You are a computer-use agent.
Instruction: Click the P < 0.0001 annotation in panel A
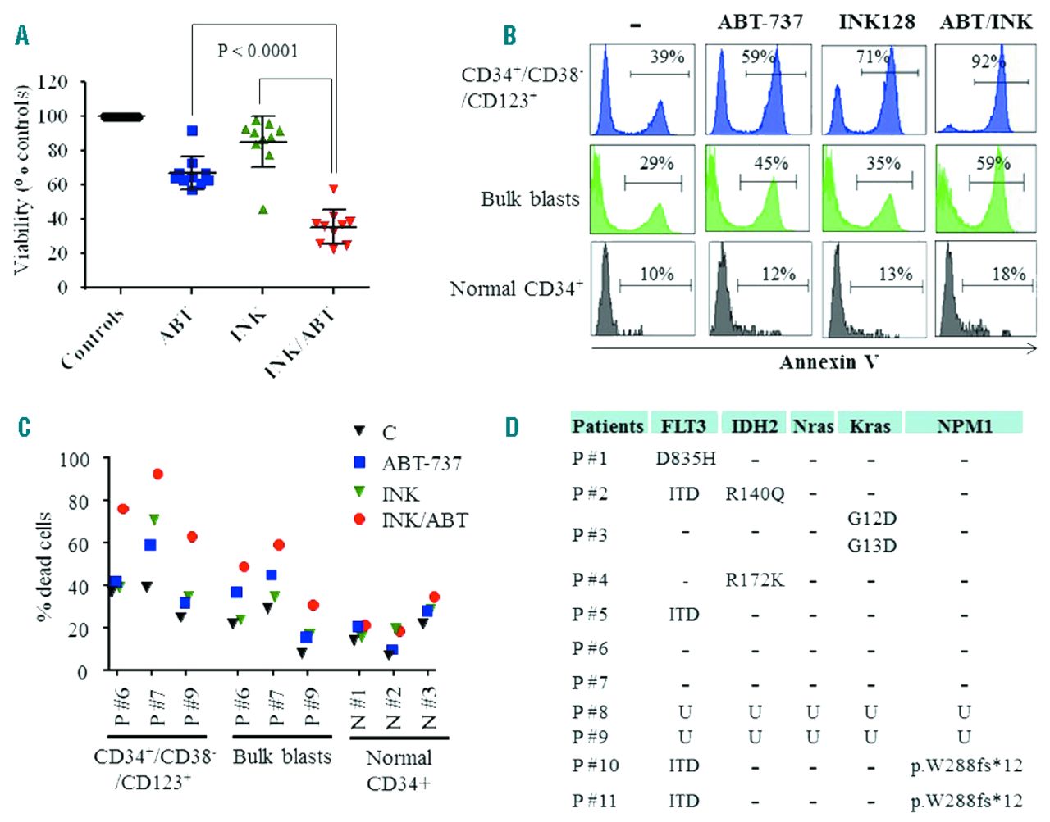[x=258, y=51]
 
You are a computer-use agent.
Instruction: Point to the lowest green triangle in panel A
[x=263, y=209]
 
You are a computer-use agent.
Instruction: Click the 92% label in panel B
[x=988, y=61]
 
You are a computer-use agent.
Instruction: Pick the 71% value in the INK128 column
[x=873, y=57]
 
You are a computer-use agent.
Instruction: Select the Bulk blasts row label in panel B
[x=530, y=199]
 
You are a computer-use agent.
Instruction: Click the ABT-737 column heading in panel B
[x=760, y=21]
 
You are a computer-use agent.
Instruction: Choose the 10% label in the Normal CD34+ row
[x=656, y=275]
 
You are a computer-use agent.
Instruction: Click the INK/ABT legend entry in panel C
[x=424, y=520]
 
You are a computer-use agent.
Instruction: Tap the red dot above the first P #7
[x=158, y=475]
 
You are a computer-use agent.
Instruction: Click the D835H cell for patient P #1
[x=686, y=458]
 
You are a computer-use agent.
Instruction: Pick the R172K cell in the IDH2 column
[x=755, y=580]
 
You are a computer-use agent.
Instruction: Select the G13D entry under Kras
[x=872, y=545]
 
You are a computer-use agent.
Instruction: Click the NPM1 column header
[x=964, y=425]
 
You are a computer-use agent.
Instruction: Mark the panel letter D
[x=512, y=427]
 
